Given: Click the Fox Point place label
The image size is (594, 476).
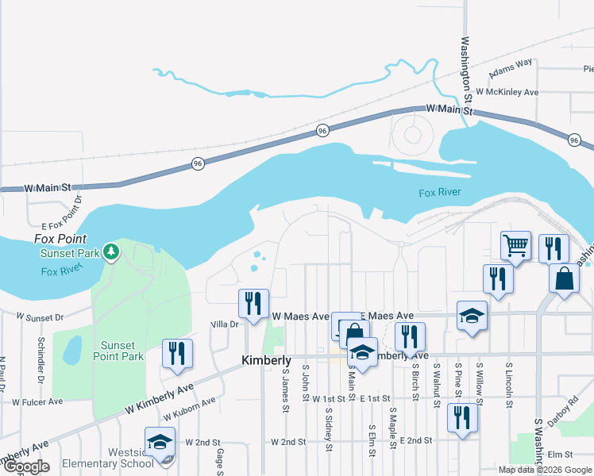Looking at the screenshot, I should pyautogui.click(x=60, y=239).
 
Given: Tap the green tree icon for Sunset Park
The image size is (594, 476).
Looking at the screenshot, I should pyautogui.click(x=112, y=252).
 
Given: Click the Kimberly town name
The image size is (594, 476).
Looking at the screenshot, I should pyautogui.click(x=266, y=360).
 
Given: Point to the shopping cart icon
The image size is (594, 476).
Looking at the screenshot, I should pyautogui.click(x=516, y=246).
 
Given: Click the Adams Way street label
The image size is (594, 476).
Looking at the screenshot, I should pyautogui.click(x=511, y=71).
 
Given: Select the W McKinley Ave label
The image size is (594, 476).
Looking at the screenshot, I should pyautogui.click(x=507, y=93).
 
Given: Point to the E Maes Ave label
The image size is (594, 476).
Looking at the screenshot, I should pyautogui.click(x=388, y=316).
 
